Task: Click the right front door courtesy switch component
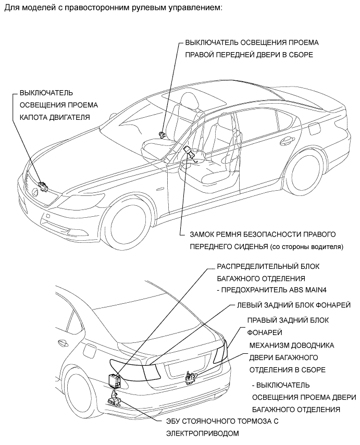[x=163, y=133]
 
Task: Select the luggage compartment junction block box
[x=114, y=381]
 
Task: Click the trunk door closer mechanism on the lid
[x=191, y=376]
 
